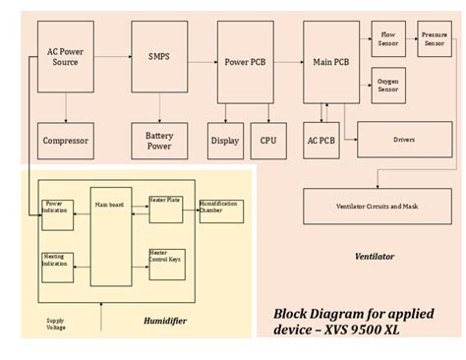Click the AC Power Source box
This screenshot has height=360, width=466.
(64, 56)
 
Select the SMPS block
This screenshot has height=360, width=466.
(158, 57)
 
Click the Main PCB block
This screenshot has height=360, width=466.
(330, 62)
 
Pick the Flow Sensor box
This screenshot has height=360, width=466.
(388, 38)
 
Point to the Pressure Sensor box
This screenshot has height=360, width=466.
(434, 38)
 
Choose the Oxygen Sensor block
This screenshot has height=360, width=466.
(388, 85)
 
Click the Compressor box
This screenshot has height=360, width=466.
(65, 141)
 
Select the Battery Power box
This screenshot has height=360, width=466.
(158, 141)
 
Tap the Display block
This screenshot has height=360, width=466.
(225, 141)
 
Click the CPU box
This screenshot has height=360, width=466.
(267, 141)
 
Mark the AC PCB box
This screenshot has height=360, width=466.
(321, 141)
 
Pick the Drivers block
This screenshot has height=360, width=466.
(404, 140)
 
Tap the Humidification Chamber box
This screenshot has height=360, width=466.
(221, 210)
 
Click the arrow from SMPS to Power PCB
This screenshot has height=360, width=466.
(203, 62)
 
